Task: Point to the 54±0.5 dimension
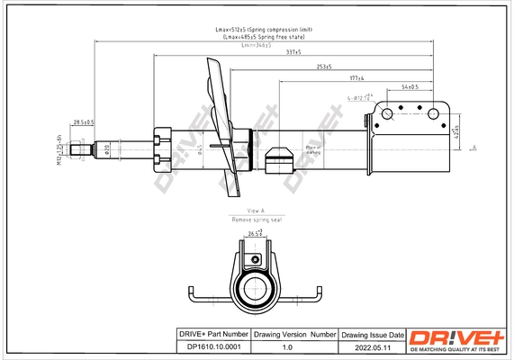[410, 86]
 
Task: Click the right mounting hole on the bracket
[431, 114]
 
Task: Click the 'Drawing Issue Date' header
[373, 334]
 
